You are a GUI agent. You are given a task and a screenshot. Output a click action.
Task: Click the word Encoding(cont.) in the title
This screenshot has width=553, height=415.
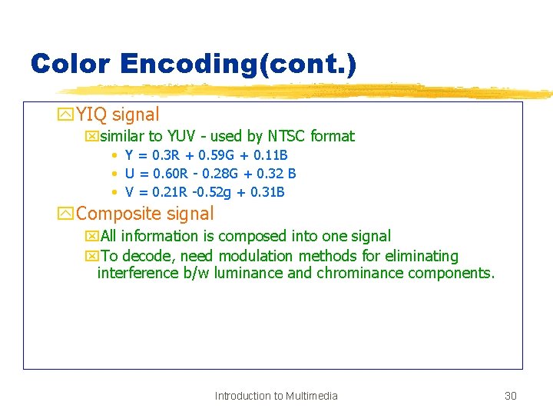pos(239,63)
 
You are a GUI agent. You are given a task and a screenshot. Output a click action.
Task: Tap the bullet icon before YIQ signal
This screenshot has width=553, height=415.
pos(66,115)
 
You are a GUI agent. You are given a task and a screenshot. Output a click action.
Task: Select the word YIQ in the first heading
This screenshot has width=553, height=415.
pos(92,115)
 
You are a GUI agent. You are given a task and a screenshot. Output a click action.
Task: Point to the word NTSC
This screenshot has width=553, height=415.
pos(286,137)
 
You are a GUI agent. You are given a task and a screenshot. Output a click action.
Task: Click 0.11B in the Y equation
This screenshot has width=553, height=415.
pos(270,156)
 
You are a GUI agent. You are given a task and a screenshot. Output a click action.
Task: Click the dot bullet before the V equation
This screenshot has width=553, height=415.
pos(114,193)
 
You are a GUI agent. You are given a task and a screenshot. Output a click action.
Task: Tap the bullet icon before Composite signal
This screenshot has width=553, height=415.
pos(66,214)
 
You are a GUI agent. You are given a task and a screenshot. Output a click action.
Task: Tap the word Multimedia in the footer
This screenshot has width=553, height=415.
pos(311,396)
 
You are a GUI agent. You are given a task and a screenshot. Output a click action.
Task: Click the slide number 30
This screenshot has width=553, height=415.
pos(510,396)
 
